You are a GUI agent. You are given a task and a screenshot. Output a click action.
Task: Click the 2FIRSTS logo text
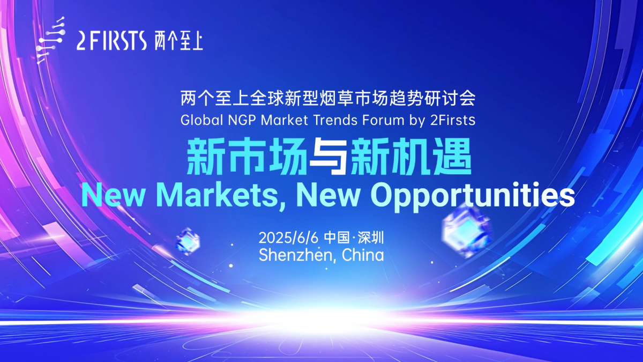[x=111, y=41]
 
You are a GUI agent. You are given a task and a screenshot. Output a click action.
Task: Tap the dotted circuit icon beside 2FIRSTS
[x=50, y=40]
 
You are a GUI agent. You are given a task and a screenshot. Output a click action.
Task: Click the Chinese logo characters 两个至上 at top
[x=178, y=42]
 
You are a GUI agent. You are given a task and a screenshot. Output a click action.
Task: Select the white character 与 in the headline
[x=329, y=157]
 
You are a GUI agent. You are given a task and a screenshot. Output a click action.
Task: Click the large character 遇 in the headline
[x=452, y=157]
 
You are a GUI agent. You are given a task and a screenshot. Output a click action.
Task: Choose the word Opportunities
[x=473, y=196]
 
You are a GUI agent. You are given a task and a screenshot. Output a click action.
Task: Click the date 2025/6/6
[x=288, y=238]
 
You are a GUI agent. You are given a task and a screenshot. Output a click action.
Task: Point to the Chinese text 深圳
[x=371, y=238]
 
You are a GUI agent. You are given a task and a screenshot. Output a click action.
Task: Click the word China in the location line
[x=363, y=255]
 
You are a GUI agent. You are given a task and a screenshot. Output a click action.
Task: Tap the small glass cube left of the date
[x=188, y=241]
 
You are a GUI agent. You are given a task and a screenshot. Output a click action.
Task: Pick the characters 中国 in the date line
[x=337, y=238]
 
